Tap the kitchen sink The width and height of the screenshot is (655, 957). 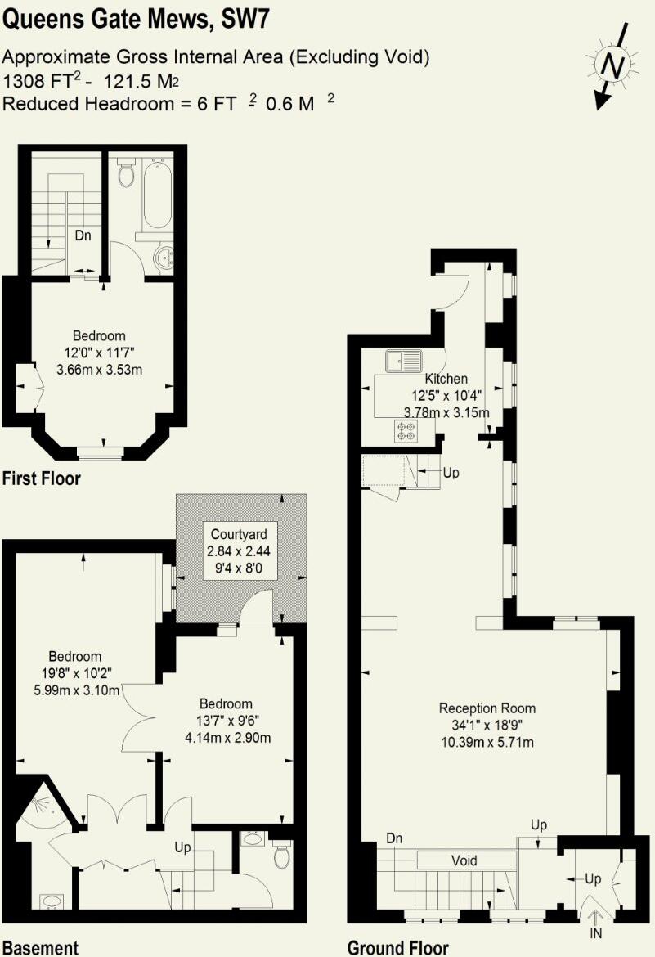pos(405,359)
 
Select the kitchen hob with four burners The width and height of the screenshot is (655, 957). pos(406,430)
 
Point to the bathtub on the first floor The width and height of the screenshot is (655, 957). pos(156,197)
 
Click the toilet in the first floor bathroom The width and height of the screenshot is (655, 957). pos(126,173)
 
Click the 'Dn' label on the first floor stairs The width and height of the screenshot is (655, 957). pos(83,236)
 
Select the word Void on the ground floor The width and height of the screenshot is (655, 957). pos(464,860)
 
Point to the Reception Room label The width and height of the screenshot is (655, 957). pos(487,708)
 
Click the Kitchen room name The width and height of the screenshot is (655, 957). pos(446,379)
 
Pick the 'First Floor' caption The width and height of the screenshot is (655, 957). pos(41,478)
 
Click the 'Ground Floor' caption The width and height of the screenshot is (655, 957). pos(397,947)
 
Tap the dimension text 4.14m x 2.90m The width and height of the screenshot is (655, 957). pos(227,737)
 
